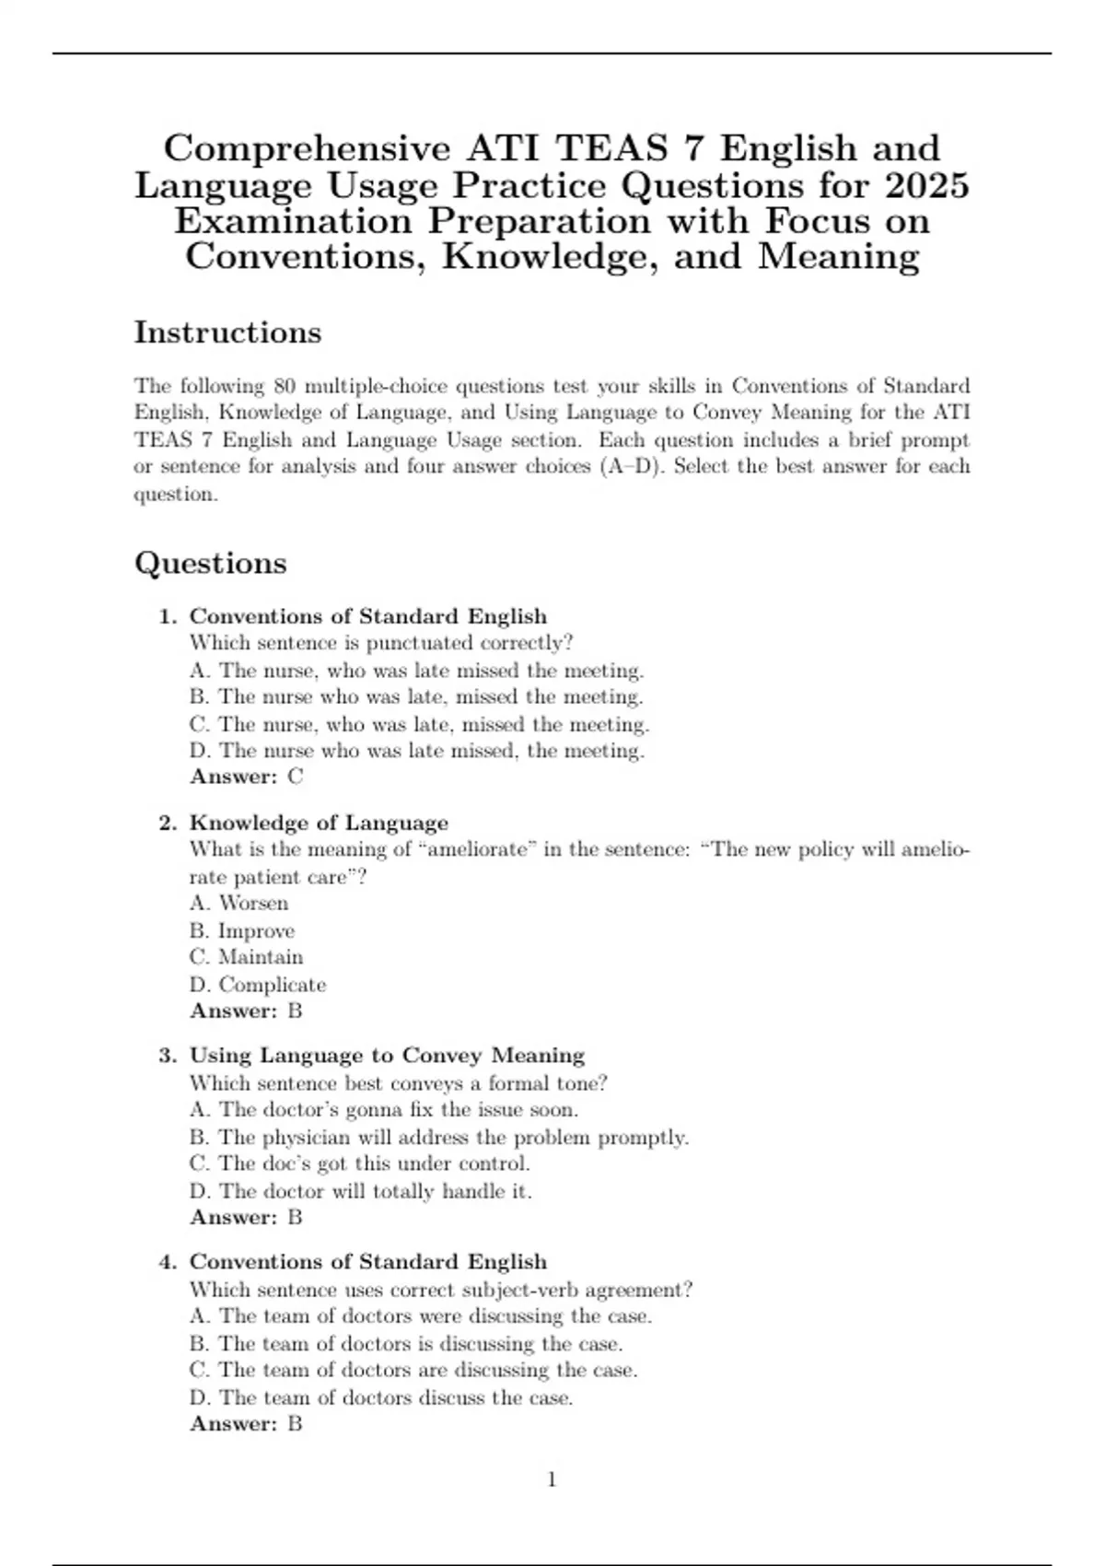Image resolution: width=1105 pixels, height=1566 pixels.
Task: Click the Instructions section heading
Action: [227, 333]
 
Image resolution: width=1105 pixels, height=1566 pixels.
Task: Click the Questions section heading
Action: [210, 563]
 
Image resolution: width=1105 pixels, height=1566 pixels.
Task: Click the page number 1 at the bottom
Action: [552, 1479]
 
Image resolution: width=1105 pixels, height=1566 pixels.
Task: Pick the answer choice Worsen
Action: [238, 903]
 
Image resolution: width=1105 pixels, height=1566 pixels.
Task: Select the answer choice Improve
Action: [242, 930]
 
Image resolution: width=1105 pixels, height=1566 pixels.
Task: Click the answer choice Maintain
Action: [246, 957]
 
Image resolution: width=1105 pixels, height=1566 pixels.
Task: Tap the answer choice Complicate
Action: [258, 985]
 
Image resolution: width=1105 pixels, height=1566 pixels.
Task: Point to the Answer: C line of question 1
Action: [246, 777]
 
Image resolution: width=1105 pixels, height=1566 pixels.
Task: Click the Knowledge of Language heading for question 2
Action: [319, 823]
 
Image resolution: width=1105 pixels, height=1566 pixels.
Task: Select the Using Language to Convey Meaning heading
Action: [387, 1055]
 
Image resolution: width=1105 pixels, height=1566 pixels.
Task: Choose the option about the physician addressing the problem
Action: [438, 1138]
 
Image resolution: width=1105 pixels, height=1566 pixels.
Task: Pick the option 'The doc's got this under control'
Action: [359, 1163]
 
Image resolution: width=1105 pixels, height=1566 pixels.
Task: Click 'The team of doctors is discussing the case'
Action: [406, 1344]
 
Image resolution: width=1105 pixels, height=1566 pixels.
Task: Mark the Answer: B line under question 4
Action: [246, 1423]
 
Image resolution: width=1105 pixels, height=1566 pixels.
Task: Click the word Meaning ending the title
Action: [838, 256]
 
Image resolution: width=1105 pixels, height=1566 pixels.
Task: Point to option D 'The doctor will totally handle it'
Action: [360, 1191]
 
